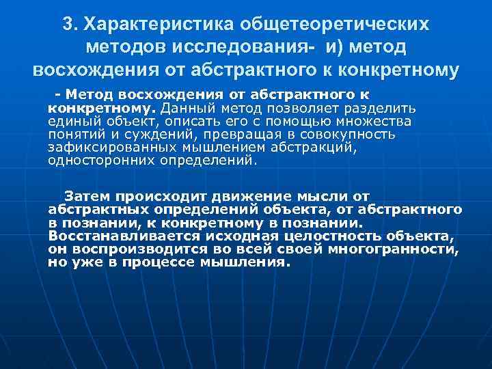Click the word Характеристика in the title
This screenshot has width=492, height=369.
[156, 25]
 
